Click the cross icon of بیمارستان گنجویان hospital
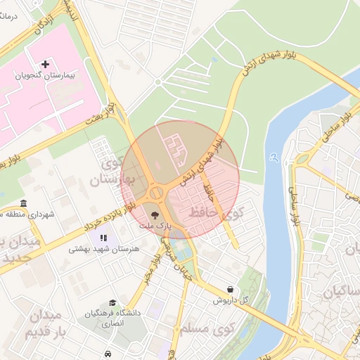tap(46, 64)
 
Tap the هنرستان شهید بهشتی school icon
tap(105, 238)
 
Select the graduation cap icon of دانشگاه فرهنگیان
tap(112, 302)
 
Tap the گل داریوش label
tap(232, 300)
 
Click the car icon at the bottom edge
tap(107, 354)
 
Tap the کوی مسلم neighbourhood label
tap(212, 329)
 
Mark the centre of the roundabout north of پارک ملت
tap(156, 192)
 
